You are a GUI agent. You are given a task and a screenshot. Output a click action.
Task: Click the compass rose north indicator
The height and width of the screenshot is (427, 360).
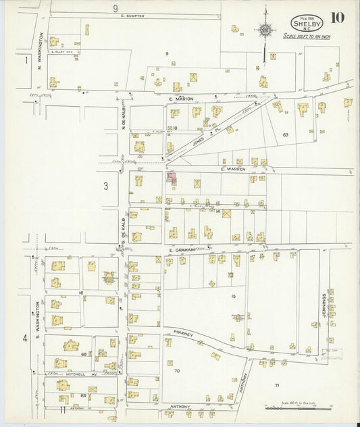(x=265, y=30)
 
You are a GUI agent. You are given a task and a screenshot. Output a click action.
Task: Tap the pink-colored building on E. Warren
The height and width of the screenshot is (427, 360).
(x=172, y=178)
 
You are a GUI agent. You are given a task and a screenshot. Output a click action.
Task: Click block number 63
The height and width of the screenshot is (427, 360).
(x=286, y=135)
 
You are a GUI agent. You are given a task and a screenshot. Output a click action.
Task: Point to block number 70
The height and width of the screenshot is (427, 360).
(x=177, y=371)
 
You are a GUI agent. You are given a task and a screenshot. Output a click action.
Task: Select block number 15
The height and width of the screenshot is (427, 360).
(x=234, y=296)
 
